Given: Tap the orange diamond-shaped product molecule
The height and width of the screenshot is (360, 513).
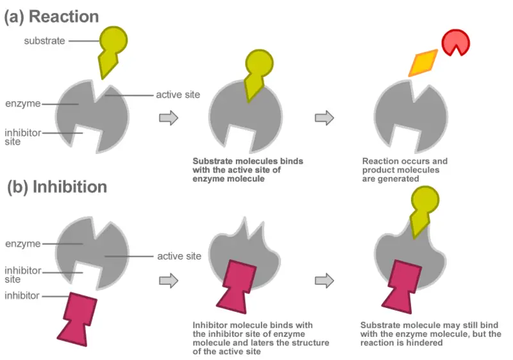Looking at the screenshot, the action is coord(423,63).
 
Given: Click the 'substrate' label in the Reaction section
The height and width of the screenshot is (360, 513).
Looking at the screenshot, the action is coord(44,41).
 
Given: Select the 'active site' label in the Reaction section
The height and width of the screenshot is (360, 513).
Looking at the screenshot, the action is coord(178,94).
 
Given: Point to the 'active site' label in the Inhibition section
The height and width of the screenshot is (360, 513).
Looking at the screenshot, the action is coord(180,256).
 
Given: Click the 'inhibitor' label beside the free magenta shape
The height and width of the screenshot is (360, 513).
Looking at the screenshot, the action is coord(22,296).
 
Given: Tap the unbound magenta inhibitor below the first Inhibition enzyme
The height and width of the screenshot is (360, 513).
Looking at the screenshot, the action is coord(77,319).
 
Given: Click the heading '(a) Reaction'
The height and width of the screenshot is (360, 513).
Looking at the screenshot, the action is coord(51,17).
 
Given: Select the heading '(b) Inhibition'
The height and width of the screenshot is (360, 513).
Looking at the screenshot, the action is coord(57,187).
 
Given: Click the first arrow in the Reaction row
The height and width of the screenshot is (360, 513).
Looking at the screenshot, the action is coord(169,118).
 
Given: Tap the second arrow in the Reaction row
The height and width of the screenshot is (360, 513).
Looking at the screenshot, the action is coord(324,118).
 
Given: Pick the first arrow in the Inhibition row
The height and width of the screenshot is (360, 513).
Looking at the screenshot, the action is coord(169,280).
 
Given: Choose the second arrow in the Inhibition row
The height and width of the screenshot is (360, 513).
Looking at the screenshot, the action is coord(324,280).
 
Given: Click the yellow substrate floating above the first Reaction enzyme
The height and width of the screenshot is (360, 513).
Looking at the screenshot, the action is coord(111,49).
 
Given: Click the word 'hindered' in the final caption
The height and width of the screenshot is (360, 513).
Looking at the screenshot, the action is coord(425,343).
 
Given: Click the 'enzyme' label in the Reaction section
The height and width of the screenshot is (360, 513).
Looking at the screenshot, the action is coord(23,103).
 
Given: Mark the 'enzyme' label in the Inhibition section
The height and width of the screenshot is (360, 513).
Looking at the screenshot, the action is coord(23,243).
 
